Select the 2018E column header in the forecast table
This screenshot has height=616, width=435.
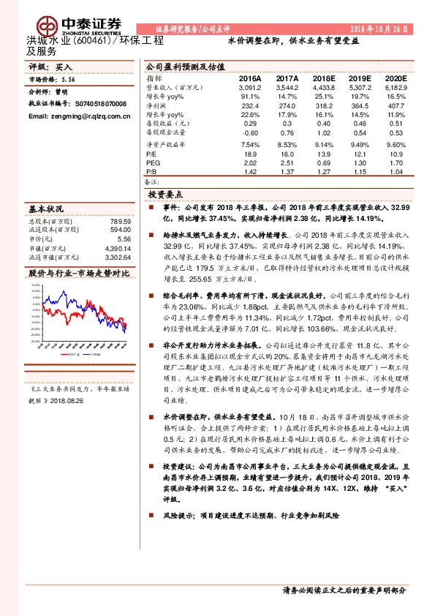click(x=323, y=78)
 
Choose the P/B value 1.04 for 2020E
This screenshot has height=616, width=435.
click(x=396, y=171)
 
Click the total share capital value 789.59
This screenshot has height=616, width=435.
click(x=120, y=221)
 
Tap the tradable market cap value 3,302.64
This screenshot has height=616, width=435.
click(x=118, y=258)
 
